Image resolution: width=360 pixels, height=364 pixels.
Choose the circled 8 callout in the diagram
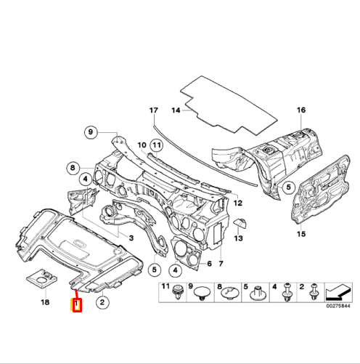[x=73, y=168]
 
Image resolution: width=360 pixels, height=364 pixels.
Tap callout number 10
[x=142, y=145]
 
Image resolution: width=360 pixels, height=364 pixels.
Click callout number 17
[x=152, y=110]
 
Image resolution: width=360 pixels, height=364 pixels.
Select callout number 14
[x=175, y=110]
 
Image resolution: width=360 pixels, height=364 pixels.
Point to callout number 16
[x=300, y=110]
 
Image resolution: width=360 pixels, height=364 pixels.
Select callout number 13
[x=239, y=238]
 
